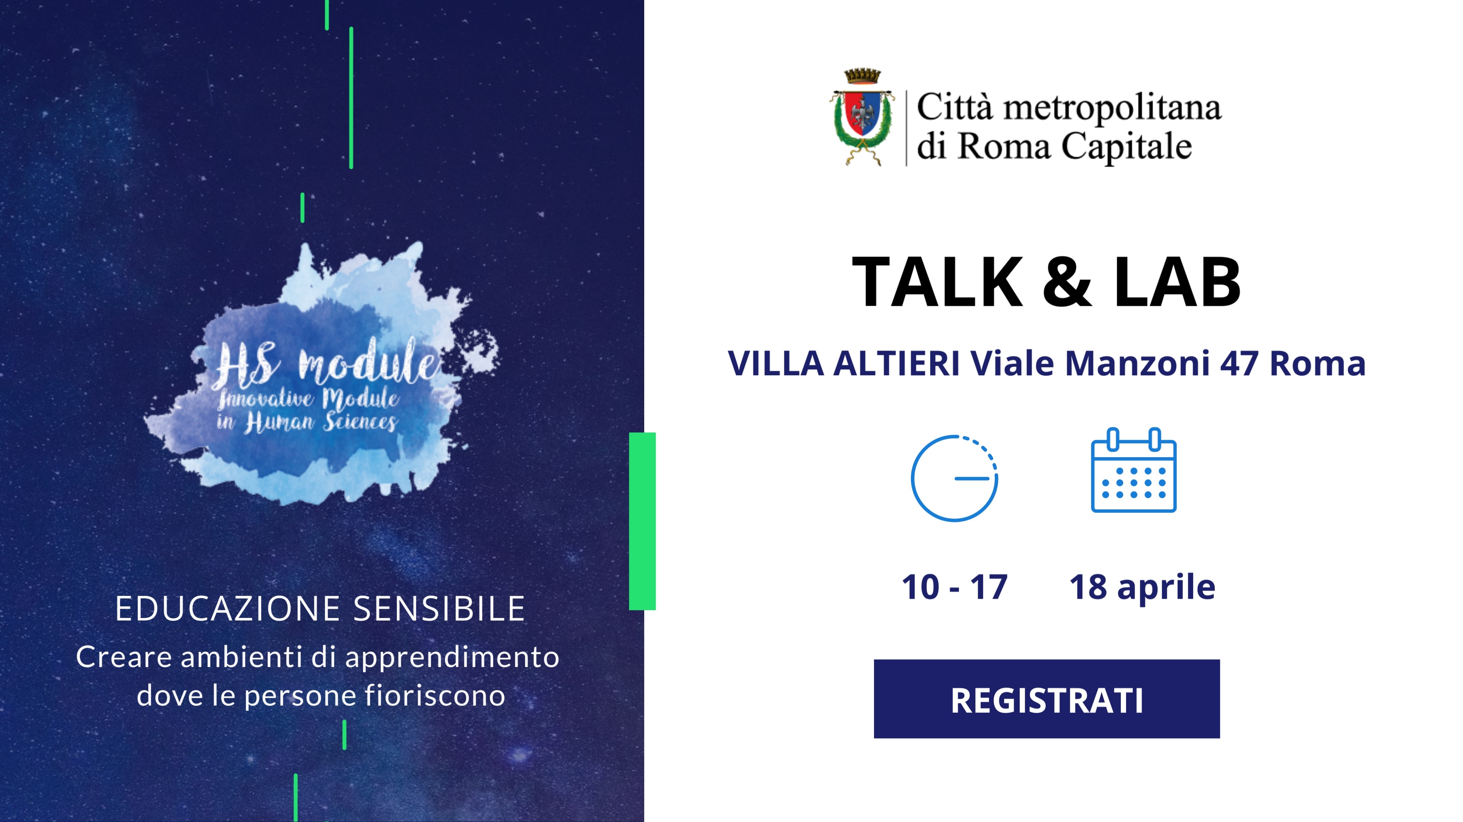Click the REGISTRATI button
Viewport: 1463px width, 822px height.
[x=1047, y=699]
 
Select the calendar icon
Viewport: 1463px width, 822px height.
[x=1133, y=470]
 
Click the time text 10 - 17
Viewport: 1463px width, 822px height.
[x=955, y=587]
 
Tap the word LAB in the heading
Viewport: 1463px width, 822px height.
[x=1177, y=282]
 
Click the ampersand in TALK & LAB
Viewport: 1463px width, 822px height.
[x=1067, y=282]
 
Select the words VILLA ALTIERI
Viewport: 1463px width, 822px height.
[x=844, y=363]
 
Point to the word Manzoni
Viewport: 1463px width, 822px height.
[x=1137, y=363]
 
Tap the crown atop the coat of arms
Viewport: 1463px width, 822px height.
[x=862, y=76]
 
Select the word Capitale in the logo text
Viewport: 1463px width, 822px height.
[x=1127, y=146]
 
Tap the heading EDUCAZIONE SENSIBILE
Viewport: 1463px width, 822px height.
[x=320, y=609]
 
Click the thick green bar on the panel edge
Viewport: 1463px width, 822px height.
[x=642, y=521]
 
